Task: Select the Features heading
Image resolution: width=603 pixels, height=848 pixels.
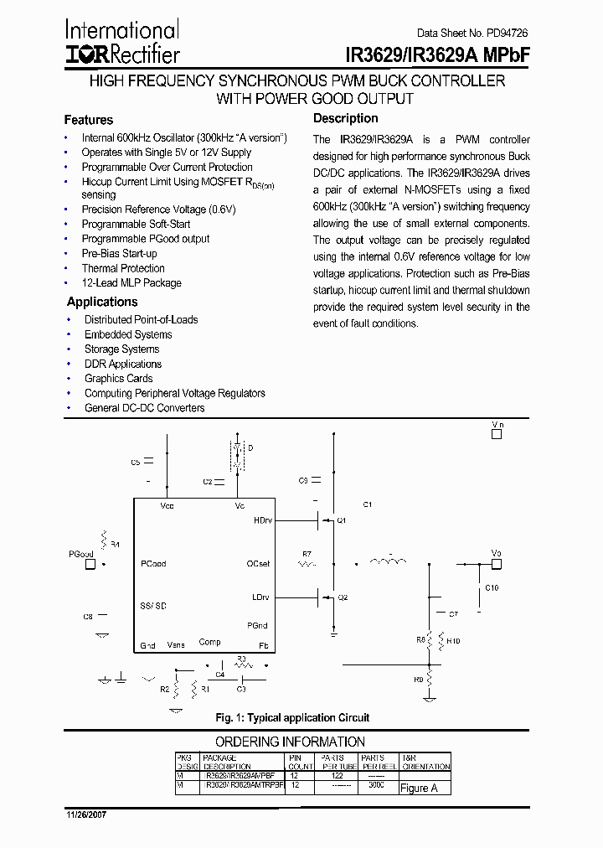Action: point(88,120)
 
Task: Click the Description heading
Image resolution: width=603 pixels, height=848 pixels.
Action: point(345,119)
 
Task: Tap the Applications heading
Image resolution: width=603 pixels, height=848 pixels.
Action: point(102,302)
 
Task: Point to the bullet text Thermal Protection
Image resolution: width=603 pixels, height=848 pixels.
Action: point(123,268)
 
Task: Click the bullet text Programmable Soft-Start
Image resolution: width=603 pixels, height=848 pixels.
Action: point(136,224)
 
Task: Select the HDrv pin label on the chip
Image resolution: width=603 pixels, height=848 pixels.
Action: point(261,520)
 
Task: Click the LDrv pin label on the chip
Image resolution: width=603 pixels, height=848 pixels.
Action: point(261,597)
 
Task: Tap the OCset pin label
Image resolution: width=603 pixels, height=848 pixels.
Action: point(259,564)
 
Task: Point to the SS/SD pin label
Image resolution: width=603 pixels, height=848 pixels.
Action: point(153,605)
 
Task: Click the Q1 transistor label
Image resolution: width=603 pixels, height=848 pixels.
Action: point(342,520)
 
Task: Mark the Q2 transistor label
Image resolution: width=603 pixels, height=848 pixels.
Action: point(342,597)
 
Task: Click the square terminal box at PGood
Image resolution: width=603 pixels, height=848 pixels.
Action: point(90,564)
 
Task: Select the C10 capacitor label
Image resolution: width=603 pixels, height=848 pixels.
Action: point(492,588)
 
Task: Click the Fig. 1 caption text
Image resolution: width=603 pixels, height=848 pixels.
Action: point(292,718)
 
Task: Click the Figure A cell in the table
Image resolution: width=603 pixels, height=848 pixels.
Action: point(419,788)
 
